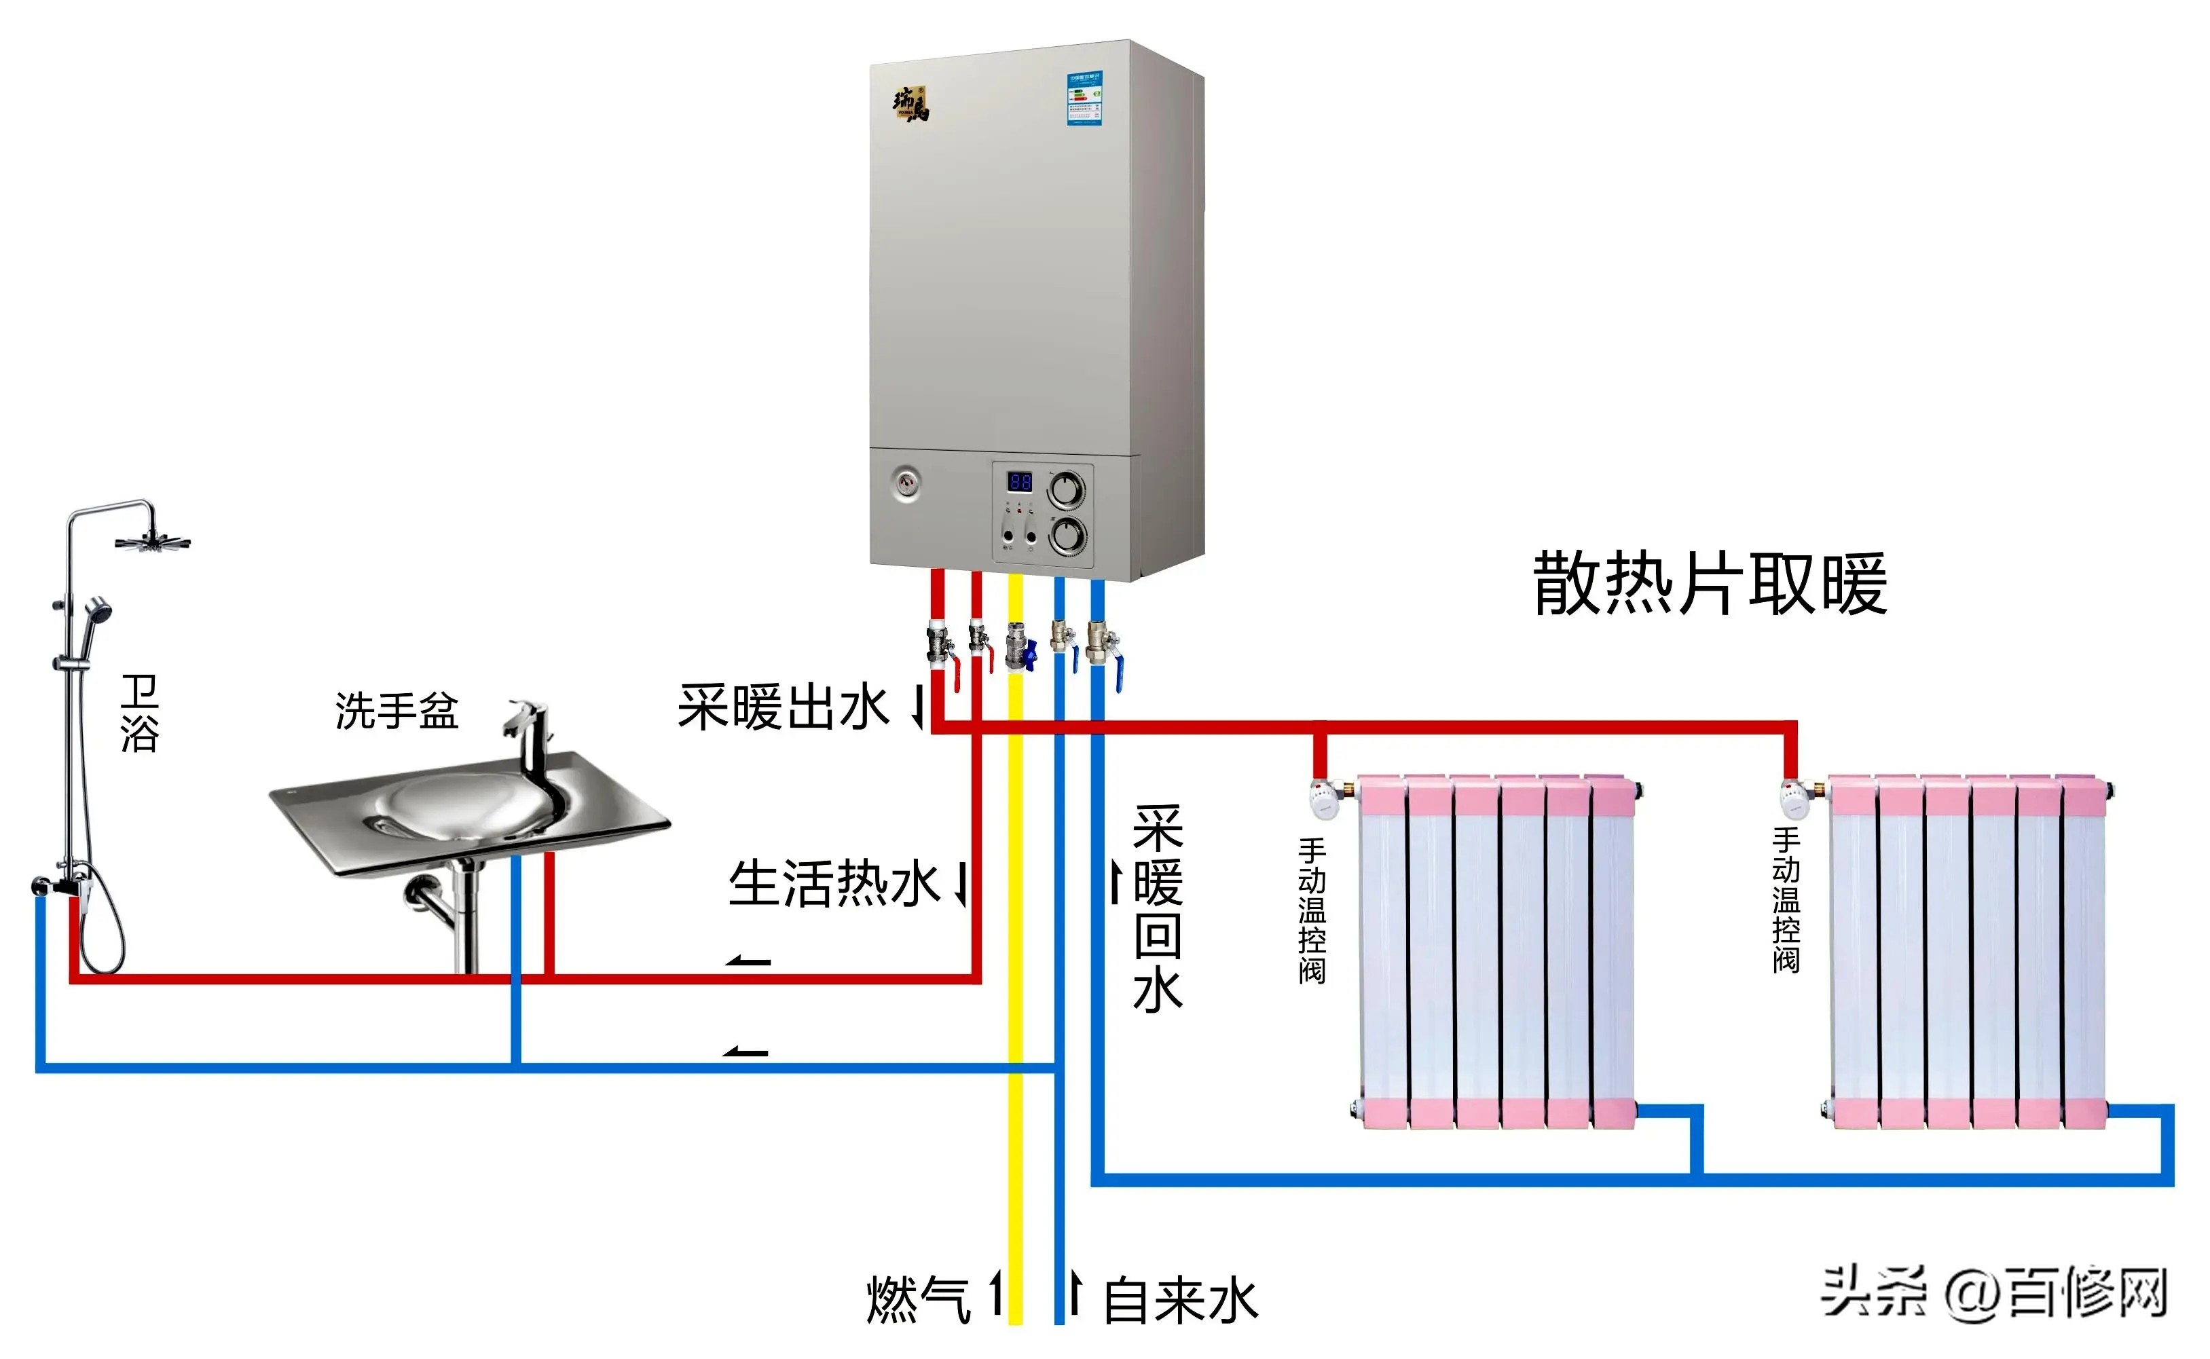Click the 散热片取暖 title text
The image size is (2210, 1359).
pyautogui.click(x=1710, y=585)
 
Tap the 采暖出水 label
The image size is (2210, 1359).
pyautogui.click(x=783, y=707)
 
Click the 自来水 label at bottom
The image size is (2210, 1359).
pyautogui.click(x=1180, y=1301)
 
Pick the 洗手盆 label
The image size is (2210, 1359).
pyautogui.click(x=397, y=711)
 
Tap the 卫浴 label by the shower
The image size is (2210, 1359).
pyautogui.click(x=139, y=715)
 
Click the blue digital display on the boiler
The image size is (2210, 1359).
pyautogui.click(x=1020, y=483)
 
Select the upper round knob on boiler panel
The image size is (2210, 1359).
pyautogui.click(x=1067, y=491)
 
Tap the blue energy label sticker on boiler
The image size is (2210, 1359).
pyautogui.click(x=1085, y=99)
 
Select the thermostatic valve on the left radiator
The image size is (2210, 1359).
pyautogui.click(x=1325, y=798)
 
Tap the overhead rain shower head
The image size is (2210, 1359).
pyautogui.click(x=152, y=542)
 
